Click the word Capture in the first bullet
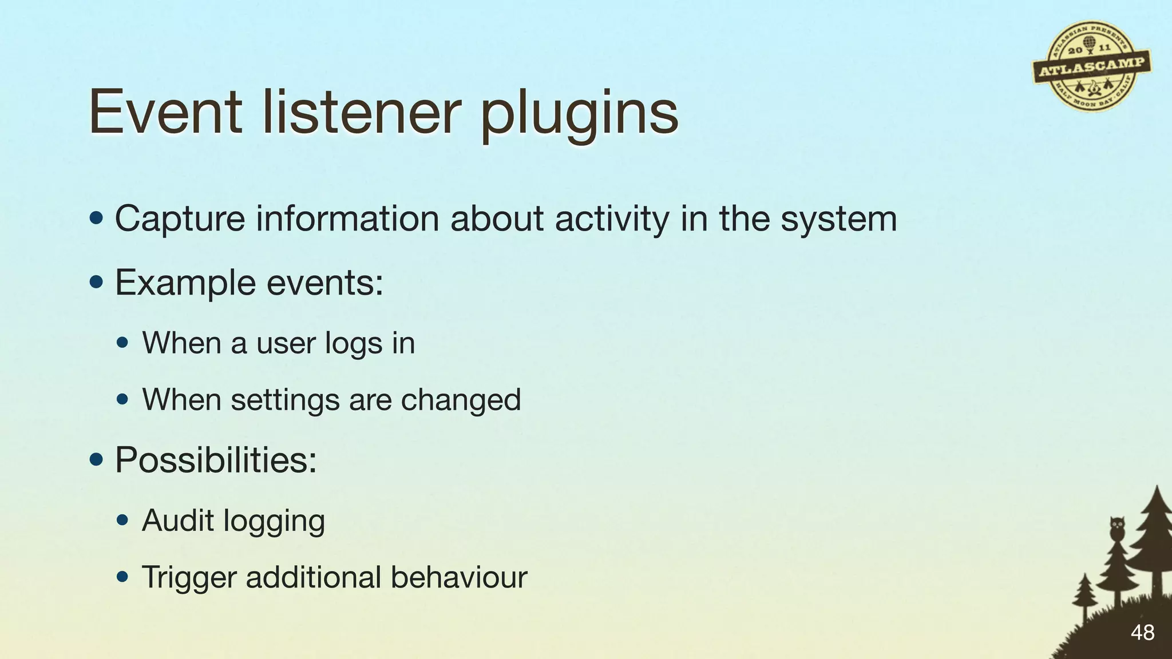click(x=180, y=219)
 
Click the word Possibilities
click(x=216, y=459)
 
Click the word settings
click(x=285, y=399)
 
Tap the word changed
click(x=461, y=399)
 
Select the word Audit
click(x=177, y=520)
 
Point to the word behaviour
click(x=458, y=577)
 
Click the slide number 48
click(x=1142, y=633)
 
